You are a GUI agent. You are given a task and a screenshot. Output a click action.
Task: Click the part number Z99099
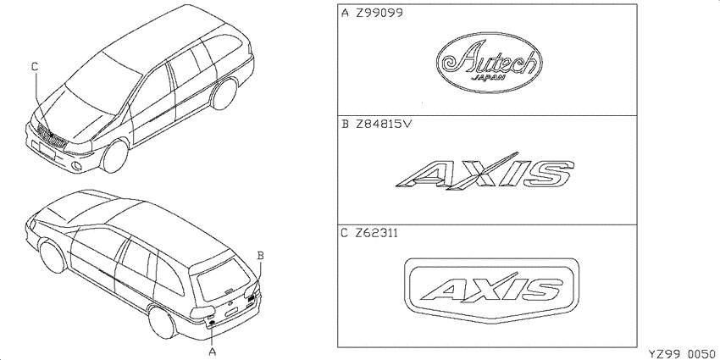click(379, 13)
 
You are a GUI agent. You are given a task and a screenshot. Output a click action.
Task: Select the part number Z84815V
click(384, 124)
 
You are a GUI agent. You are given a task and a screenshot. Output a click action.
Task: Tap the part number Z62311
click(377, 233)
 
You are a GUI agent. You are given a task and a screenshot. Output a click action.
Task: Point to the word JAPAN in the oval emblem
click(489, 77)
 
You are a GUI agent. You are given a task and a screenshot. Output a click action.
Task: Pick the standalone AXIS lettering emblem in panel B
click(485, 170)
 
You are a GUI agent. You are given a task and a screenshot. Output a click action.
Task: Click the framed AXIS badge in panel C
click(492, 291)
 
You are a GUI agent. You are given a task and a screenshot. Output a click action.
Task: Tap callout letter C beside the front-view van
click(35, 67)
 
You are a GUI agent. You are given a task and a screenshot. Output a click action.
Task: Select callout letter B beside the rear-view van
click(260, 255)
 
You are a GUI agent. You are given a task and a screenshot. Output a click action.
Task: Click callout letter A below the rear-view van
click(212, 352)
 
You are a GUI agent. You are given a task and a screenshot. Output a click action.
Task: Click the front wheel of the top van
click(114, 156)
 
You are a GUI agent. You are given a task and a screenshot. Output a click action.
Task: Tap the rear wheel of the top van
click(224, 94)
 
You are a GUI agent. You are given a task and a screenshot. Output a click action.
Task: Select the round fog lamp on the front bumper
click(78, 166)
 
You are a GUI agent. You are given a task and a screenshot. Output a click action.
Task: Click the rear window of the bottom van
click(224, 280)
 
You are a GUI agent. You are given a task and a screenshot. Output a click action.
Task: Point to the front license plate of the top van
click(47, 151)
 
